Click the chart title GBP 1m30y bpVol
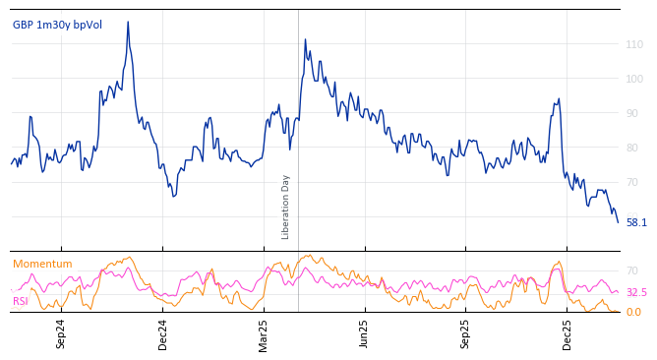pos(57,25)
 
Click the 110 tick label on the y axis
pos(634,44)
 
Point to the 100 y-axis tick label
pos(634,79)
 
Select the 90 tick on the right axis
pos(634,113)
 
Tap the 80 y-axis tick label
pos(634,148)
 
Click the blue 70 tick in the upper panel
pos(634,182)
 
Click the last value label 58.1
pos(636,222)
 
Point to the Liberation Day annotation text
pos(285,207)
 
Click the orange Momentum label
pos(42,264)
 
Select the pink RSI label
pos(21,301)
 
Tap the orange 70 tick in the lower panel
pos(633,270)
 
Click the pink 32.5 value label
pos(636,293)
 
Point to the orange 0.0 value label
pos(634,313)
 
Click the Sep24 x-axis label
pos(61,333)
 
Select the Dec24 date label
pos(163,333)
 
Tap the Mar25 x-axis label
pos(264,333)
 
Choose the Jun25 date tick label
pos(365,333)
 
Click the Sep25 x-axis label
pos(466,333)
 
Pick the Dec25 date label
pos(567,333)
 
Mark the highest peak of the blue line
pos(128,23)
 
